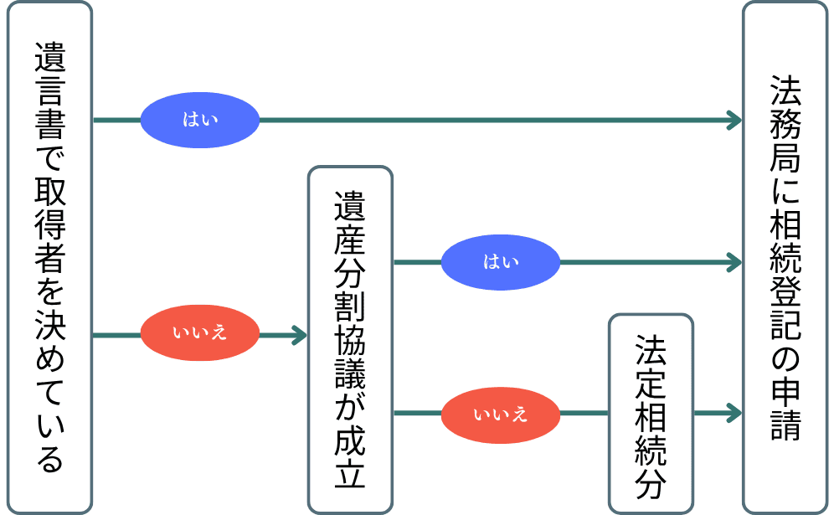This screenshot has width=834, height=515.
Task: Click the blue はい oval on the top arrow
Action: tap(200, 120)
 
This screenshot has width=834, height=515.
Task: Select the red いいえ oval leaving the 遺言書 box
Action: tap(200, 335)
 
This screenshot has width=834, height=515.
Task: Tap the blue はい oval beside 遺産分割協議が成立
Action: tap(501, 262)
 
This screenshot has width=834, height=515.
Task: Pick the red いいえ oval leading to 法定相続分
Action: tap(501, 413)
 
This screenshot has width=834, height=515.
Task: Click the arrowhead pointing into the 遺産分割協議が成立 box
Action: tap(299, 336)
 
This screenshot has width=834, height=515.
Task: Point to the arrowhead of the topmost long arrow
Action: tap(734, 120)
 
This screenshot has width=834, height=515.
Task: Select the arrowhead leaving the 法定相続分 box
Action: tap(734, 413)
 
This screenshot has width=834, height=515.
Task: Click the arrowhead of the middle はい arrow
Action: tap(734, 262)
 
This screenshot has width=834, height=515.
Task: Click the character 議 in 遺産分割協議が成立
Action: tap(350, 371)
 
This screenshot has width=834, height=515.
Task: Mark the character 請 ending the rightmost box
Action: tap(785, 425)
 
